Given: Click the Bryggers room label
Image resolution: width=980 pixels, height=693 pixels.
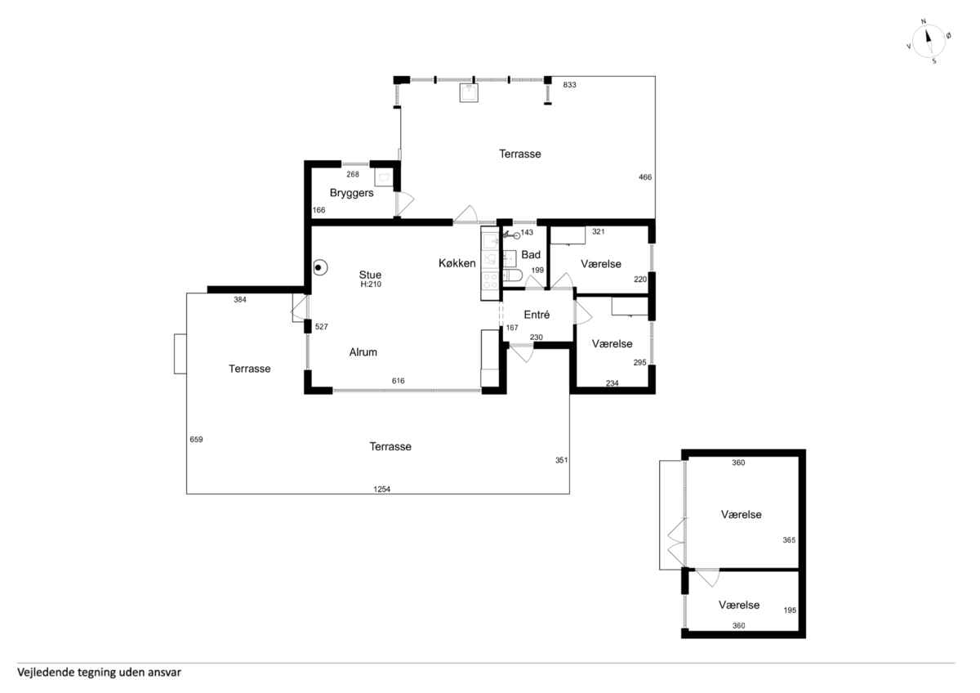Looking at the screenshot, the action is point(351,193).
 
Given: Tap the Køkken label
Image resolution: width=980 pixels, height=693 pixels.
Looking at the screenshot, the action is point(457,263).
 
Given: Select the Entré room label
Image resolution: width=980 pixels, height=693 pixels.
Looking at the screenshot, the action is point(537,315).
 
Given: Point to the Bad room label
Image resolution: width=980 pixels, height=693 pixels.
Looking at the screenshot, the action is point(531,254).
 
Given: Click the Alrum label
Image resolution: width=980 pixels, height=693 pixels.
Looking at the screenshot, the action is point(363,352).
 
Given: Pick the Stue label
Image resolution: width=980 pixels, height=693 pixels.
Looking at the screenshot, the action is point(370,275).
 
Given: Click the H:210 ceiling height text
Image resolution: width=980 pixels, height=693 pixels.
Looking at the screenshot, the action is point(371,284).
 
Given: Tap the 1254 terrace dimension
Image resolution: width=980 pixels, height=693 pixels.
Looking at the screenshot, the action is point(381,489).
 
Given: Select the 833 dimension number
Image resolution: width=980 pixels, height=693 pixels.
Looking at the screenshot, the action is point(569,85).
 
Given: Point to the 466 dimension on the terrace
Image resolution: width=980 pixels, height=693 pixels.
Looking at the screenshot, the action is point(645,177).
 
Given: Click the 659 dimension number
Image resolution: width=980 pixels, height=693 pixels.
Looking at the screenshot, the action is point(196,439).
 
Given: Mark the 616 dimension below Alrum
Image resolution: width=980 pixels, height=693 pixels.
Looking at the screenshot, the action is point(399,381).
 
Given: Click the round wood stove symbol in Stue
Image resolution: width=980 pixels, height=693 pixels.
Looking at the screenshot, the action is point(320,267).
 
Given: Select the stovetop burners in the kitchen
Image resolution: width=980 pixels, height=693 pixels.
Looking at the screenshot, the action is point(490,280).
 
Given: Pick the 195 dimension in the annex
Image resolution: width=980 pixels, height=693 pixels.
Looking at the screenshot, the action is point(790,610).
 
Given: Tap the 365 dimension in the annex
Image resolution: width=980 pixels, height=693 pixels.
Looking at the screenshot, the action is point(789,540).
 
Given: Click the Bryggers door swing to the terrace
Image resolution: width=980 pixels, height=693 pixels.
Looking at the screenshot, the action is point(405,203).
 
